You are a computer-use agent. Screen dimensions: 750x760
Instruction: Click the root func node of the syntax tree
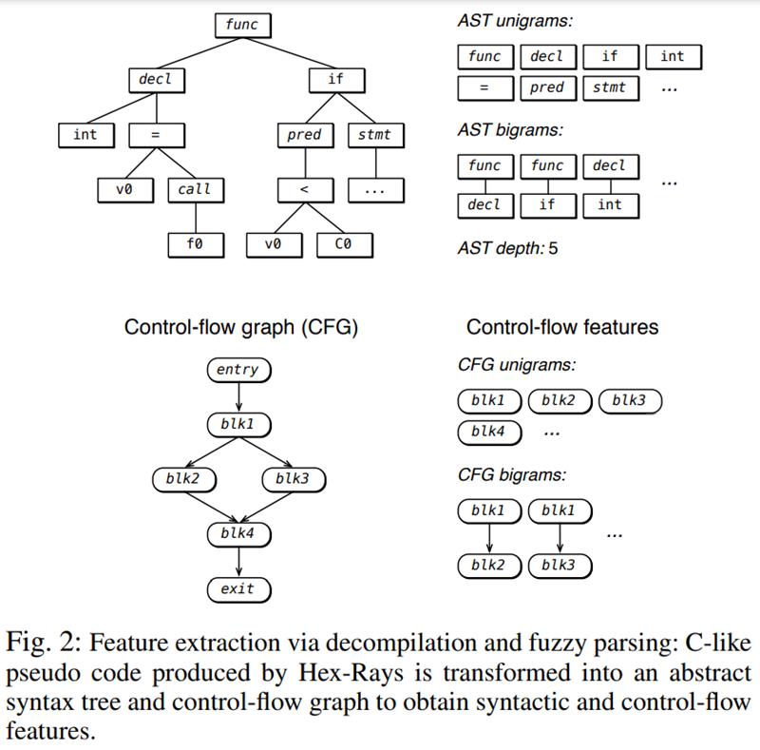241,25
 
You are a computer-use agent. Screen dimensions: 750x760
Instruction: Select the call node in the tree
194,189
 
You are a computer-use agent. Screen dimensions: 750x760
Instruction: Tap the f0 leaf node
194,244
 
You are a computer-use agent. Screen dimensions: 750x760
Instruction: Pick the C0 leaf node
344,244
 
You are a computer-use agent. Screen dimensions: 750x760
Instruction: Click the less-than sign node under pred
304,189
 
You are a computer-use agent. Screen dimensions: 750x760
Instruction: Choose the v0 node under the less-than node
274,244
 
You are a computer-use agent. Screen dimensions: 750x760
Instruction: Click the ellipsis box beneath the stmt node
374,189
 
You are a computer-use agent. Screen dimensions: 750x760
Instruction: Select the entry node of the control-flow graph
237,370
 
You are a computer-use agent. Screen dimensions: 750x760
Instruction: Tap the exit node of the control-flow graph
237,589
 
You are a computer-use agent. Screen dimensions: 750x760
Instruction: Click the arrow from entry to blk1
237,396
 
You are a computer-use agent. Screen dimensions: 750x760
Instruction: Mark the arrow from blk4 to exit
237,562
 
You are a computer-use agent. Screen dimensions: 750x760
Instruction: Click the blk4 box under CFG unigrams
488,433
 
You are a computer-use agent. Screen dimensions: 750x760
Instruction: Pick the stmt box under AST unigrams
609,87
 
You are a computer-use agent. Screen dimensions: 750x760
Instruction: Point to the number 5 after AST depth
553,249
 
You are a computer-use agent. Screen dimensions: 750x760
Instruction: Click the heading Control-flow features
561,327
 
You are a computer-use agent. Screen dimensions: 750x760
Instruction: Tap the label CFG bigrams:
511,475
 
